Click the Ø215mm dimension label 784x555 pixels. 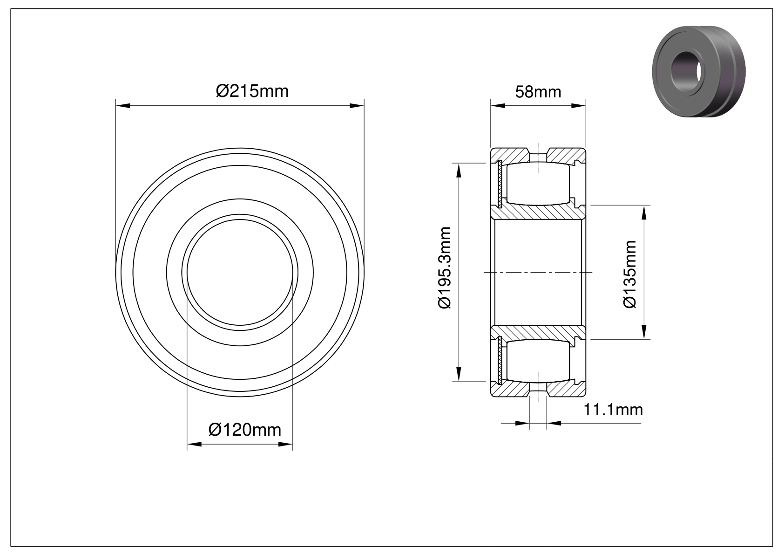pyautogui.click(x=252, y=91)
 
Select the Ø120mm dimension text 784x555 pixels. pyautogui.click(x=244, y=430)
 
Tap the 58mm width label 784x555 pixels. pyautogui.click(x=538, y=92)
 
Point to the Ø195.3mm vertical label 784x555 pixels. pyautogui.click(x=445, y=267)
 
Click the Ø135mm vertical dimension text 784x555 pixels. pyautogui.click(x=629, y=274)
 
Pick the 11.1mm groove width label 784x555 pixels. pyautogui.click(x=613, y=410)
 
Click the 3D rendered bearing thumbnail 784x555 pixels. pyautogui.click(x=699, y=71)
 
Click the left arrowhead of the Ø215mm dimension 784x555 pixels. pyautogui.click(x=123, y=105)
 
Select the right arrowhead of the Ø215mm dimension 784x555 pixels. pyautogui.click(x=357, y=105)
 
